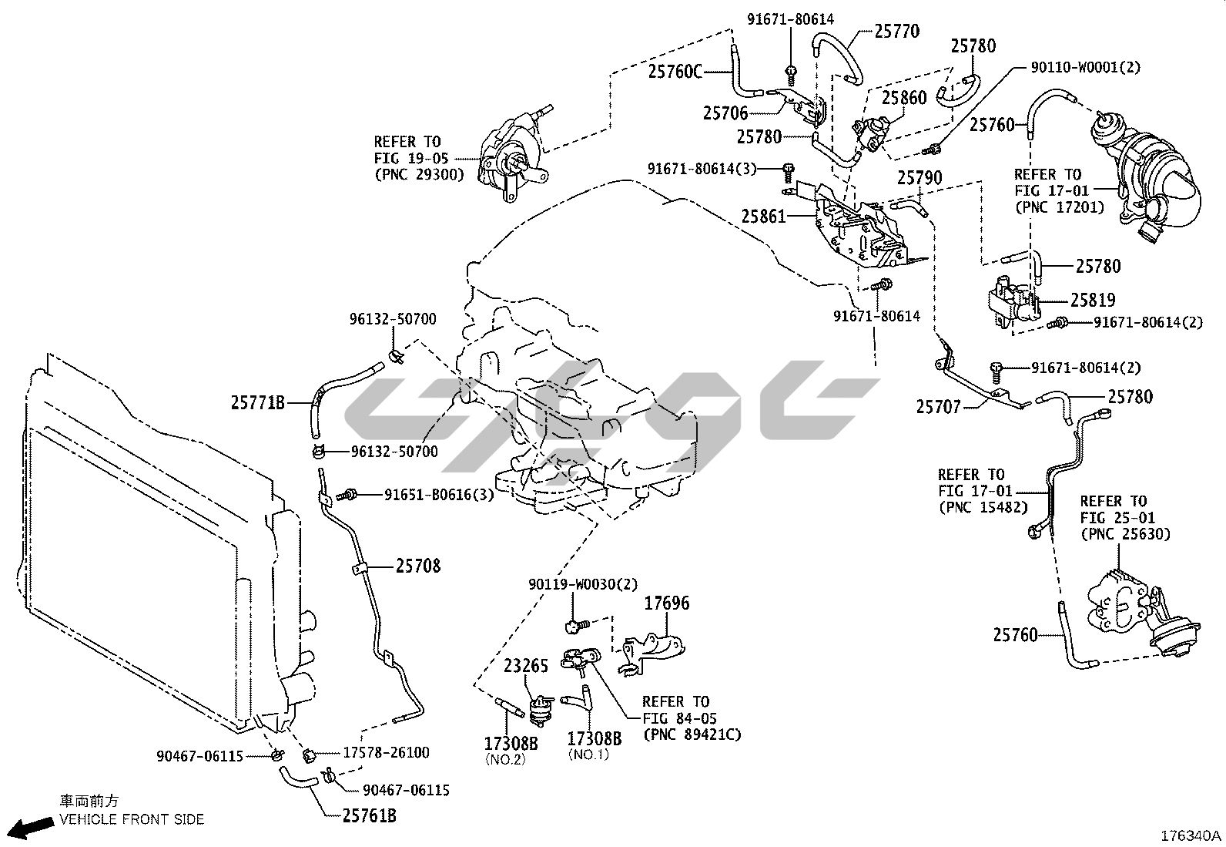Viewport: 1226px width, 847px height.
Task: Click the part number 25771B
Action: [x=258, y=402]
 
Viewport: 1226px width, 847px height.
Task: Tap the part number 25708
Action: [x=418, y=566]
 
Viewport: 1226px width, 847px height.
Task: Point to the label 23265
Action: [x=526, y=666]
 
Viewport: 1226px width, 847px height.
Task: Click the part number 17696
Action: [x=666, y=603]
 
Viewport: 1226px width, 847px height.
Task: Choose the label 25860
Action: [x=904, y=98]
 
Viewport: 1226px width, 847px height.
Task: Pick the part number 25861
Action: [x=764, y=217]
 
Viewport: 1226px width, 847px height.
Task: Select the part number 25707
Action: [x=938, y=406]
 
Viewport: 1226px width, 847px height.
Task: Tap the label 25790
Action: [x=919, y=179]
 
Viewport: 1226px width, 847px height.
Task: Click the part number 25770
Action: [x=896, y=32]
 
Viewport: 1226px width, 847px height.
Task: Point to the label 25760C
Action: [x=675, y=72]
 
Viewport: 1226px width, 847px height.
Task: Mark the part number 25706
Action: [x=725, y=113]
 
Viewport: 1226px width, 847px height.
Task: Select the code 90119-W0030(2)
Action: [x=583, y=585]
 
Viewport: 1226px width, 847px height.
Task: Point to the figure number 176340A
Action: [x=1191, y=836]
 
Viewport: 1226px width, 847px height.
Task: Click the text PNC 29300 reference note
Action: [x=419, y=174]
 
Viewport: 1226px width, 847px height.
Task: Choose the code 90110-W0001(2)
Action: [x=1086, y=67]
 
